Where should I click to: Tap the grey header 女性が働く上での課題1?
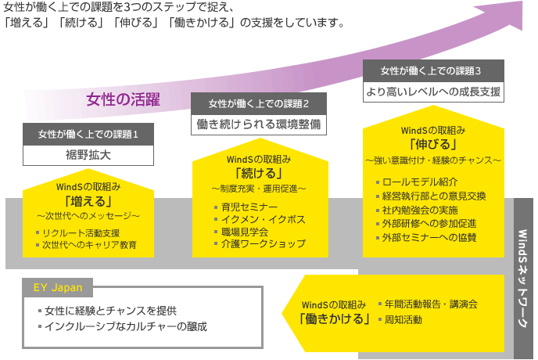[x=88, y=134]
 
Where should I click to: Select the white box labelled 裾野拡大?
[x=88, y=155]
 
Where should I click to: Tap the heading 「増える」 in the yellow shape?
[x=88, y=201]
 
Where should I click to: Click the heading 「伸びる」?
[x=433, y=144]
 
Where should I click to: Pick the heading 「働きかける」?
[x=334, y=319]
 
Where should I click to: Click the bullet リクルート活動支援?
[x=81, y=232]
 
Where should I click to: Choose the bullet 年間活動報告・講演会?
[x=430, y=303]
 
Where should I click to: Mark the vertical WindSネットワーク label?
[x=523, y=279]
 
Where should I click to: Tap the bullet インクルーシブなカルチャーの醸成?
[x=127, y=326]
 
